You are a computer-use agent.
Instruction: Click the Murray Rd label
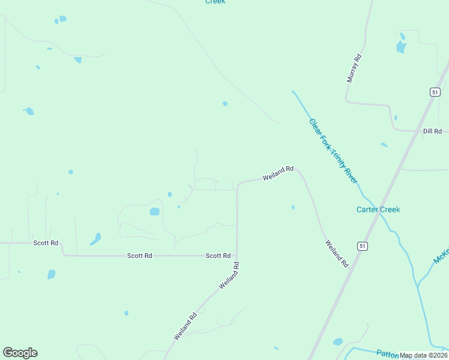coord(355,68)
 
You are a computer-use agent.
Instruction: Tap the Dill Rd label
coord(432,131)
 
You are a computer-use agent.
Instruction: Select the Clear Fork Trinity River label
coord(333,151)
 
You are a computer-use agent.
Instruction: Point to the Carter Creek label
coord(378,209)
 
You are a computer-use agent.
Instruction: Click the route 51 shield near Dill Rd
coord(435,92)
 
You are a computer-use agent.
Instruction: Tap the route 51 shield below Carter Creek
coord(362,246)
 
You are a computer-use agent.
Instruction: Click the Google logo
coord(20,353)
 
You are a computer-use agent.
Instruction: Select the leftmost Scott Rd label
coord(46,243)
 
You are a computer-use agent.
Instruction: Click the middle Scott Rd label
coord(139,256)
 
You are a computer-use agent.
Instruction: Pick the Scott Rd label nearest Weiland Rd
coord(218,256)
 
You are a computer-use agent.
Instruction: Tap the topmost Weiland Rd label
coord(278,173)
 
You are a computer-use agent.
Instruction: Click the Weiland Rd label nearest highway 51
coord(337,254)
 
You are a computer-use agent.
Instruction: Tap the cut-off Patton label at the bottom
coord(388,353)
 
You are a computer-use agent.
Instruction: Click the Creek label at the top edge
coord(215,2)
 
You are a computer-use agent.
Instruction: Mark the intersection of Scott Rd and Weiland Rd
coord(237,256)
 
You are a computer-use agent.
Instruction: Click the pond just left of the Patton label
coord(338,341)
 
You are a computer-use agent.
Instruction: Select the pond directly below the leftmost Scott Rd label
coord(52,274)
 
